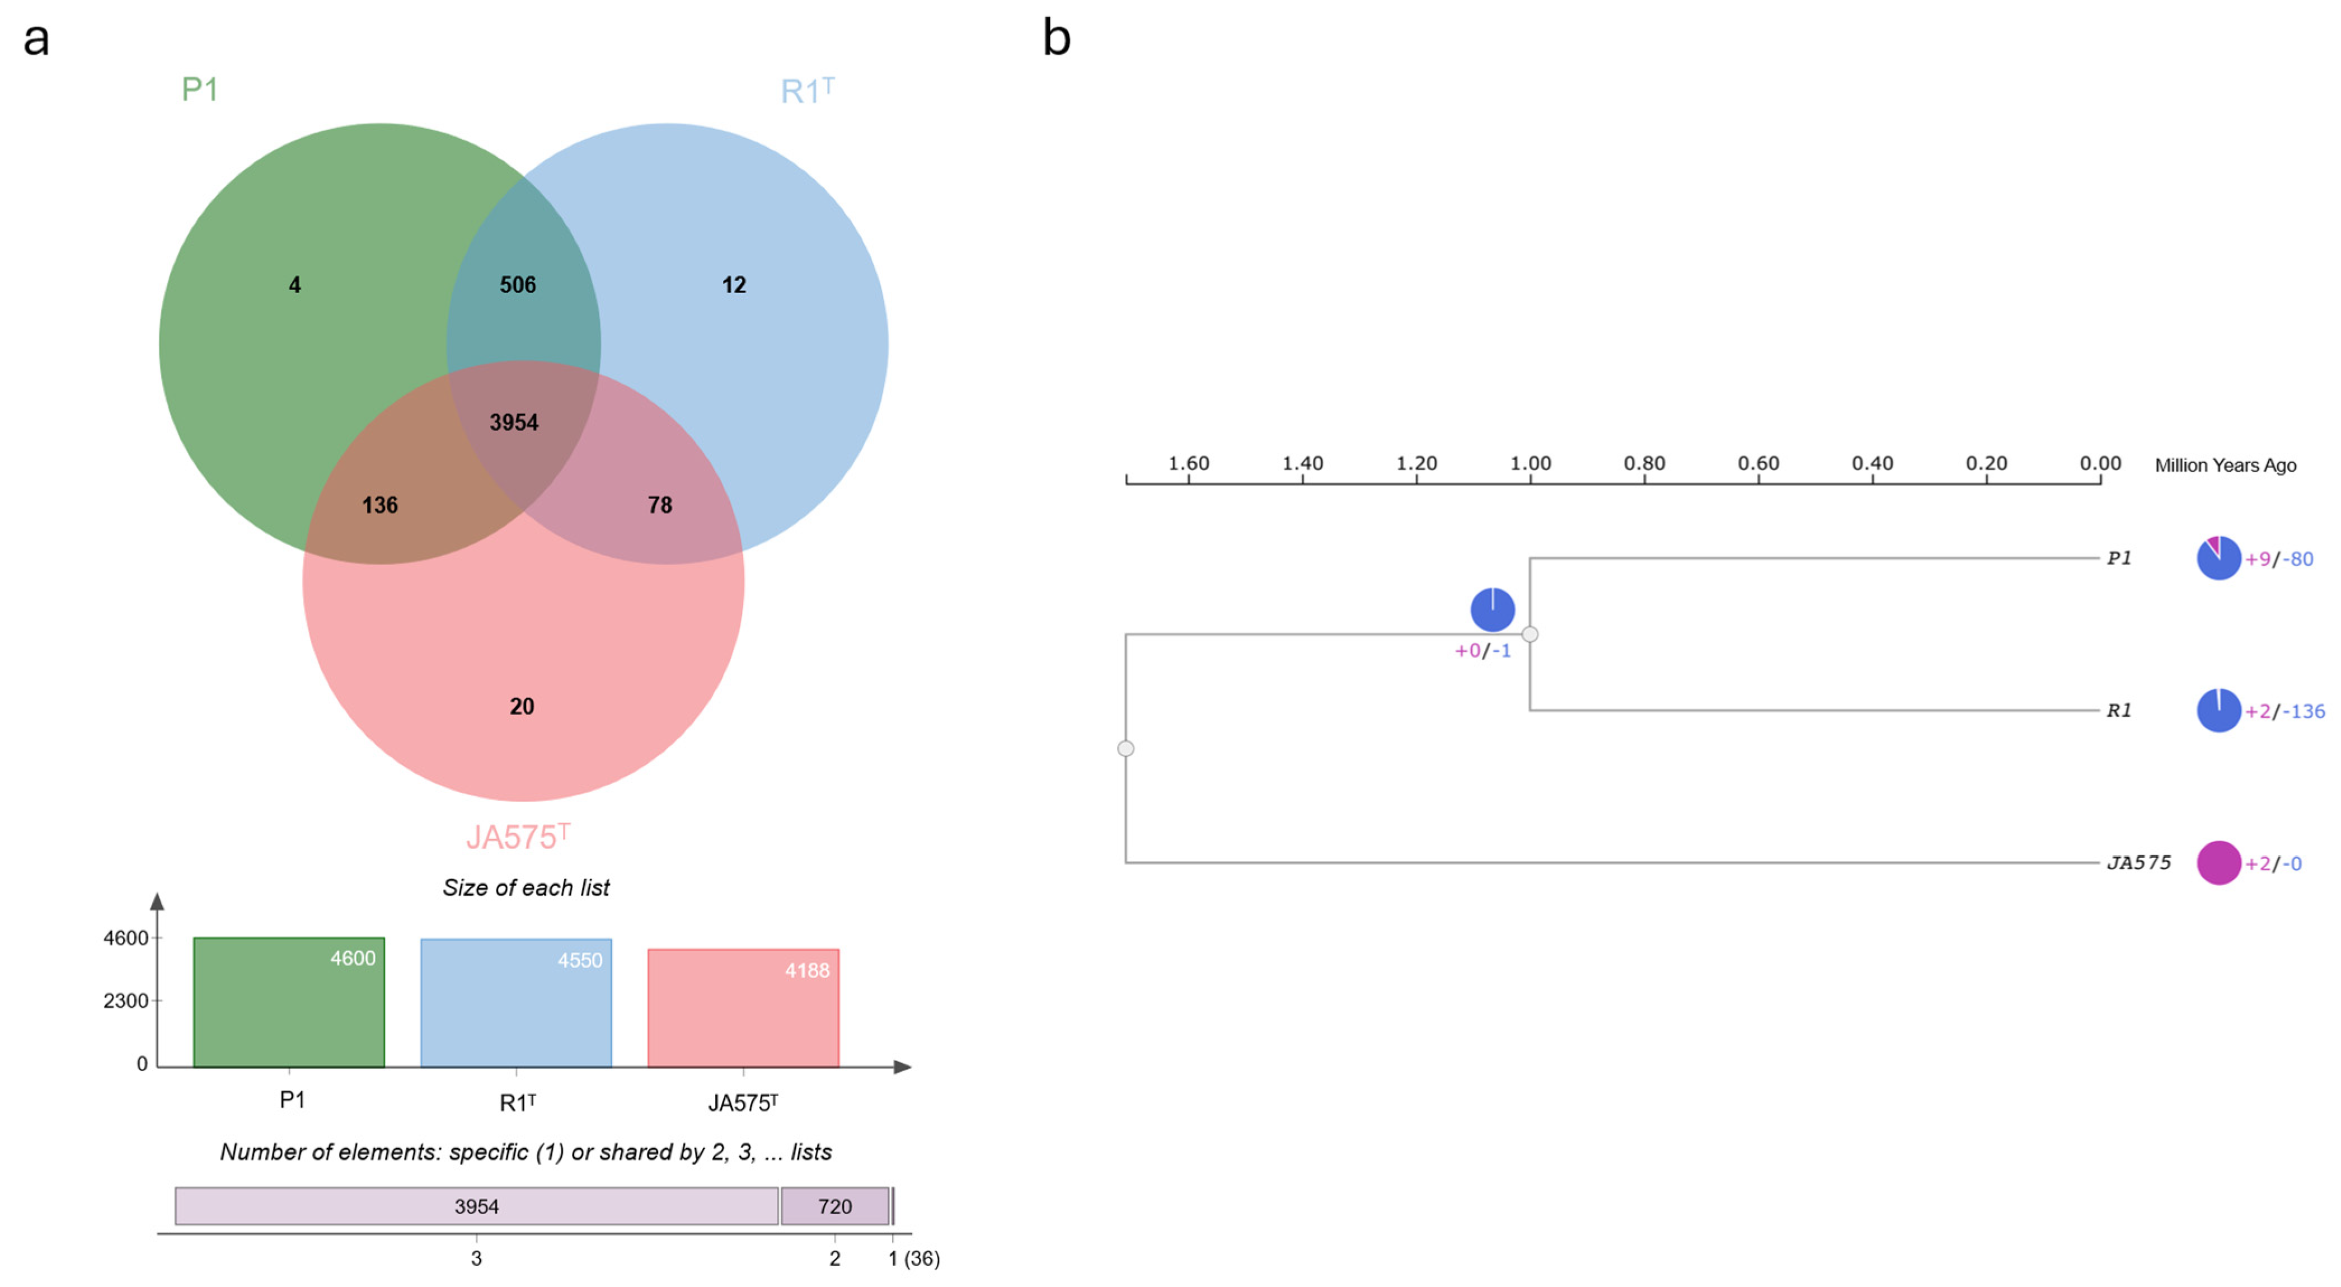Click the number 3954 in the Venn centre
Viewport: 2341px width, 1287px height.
[514, 422]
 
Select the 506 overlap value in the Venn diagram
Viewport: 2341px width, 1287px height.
[518, 285]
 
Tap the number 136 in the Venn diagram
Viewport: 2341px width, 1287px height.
[380, 505]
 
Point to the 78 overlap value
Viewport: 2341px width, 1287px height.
[660, 505]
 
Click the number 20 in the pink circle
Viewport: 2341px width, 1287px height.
[522, 706]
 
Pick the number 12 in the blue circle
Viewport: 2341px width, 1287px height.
[733, 285]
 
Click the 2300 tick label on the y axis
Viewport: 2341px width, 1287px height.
[125, 1001]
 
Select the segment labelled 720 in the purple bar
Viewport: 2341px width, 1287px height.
[834, 1206]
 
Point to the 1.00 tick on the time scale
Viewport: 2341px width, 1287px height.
[1531, 463]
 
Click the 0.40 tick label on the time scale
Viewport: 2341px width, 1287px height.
[1872, 463]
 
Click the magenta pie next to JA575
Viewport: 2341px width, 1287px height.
[2218, 862]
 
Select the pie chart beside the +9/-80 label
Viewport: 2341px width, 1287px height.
[2218, 558]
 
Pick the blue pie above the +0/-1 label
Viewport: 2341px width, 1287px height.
[1492, 609]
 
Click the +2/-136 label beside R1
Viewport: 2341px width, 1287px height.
[2284, 711]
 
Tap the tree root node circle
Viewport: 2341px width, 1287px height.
[1126, 748]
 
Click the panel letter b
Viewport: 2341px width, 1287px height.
[1056, 38]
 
